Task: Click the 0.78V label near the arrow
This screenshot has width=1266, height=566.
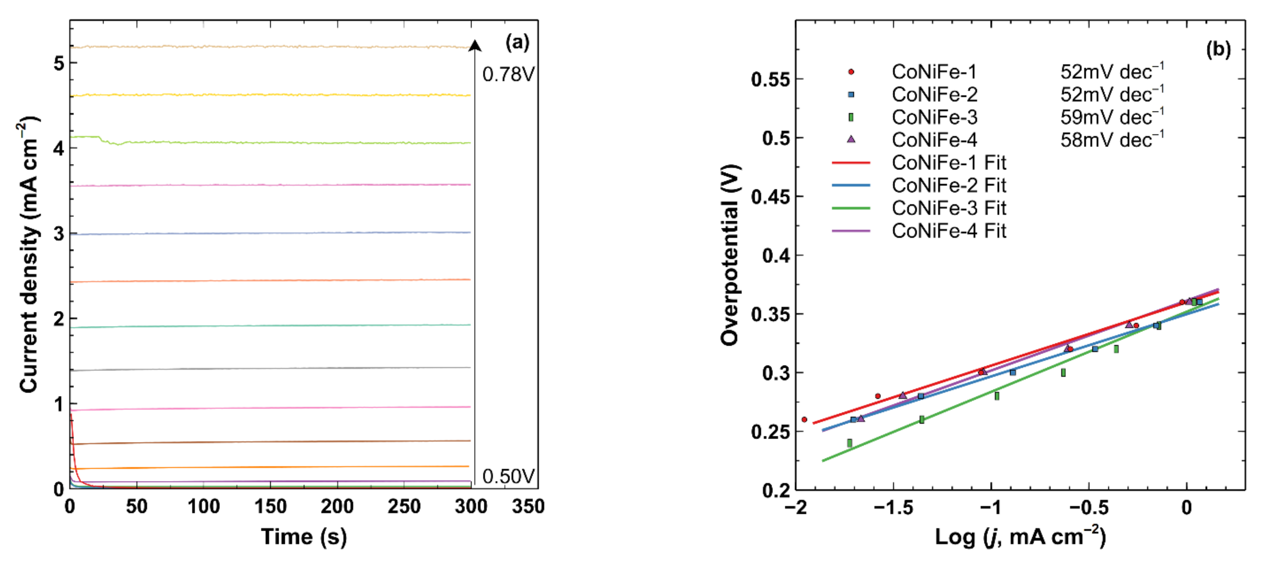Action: coord(508,74)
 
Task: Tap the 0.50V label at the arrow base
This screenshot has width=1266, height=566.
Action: coord(508,476)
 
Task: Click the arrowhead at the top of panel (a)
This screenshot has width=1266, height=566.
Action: coord(474,46)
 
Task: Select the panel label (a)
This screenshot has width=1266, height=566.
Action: coord(517,43)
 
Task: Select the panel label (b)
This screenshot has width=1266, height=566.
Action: coord(1218,49)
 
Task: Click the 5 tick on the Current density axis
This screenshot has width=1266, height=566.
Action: coord(59,63)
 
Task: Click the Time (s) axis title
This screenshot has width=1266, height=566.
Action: coord(304,536)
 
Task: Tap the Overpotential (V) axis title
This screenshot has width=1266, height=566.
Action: coord(730,255)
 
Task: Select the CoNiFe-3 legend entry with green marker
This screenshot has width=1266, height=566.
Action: coord(934,117)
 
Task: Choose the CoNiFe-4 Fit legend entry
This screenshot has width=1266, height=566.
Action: coord(949,231)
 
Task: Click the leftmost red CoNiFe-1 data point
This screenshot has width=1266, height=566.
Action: coord(804,419)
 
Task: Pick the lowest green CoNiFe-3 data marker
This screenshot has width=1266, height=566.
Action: coord(850,443)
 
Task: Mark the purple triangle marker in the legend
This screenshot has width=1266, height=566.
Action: coord(851,140)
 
